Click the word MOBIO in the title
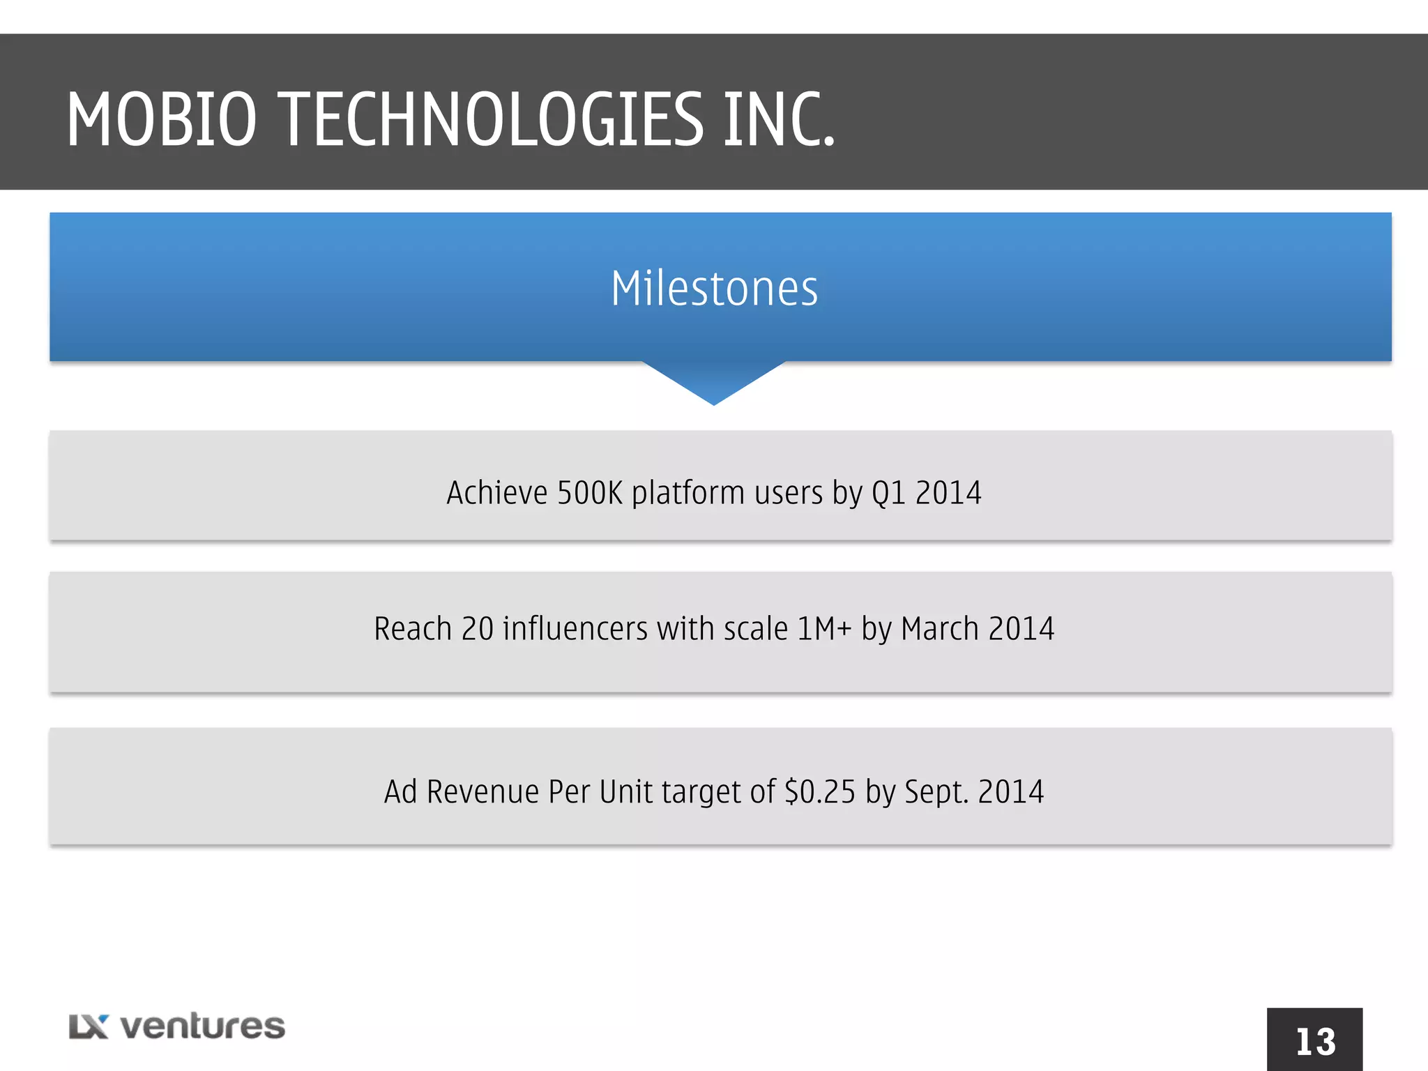coord(162,120)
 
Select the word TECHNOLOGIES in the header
coord(494,120)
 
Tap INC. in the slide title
coord(779,120)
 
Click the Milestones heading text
coord(714,289)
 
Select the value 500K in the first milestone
coord(589,493)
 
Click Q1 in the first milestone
coord(888,493)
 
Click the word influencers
coord(575,629)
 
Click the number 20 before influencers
coord(477,629)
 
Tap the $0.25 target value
coord(820,792)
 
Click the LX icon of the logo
coord(89,1026)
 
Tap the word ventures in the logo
coord(203,1026)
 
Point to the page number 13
coord(1315,1042)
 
